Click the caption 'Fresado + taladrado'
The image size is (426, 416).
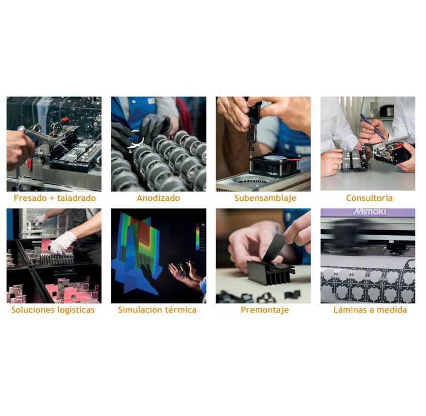[54, 198]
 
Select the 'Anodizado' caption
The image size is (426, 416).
[159, 198]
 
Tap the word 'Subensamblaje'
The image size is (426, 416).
[266, 198]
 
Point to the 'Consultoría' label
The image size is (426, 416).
[369, 198]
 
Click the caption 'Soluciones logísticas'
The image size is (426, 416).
[53, 310]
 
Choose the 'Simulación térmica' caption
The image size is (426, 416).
[157, 310]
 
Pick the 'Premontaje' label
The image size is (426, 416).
[265, 310]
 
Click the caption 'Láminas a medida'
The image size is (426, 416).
[370, 310]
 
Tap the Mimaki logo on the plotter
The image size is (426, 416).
[369, 211]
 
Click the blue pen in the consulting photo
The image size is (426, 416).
[373, 126]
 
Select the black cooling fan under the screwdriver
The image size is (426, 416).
[275, 163]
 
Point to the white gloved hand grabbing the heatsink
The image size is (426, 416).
[63, 242]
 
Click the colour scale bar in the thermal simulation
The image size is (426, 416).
[198, 236]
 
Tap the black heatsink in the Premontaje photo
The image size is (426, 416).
[271, 272]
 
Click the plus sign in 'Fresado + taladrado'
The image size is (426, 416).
[52, 198]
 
